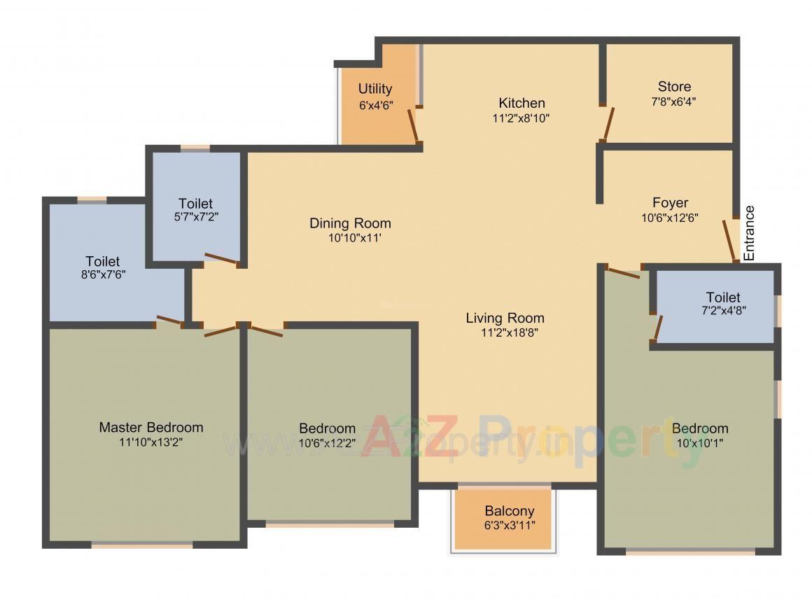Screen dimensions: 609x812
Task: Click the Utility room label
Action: [x=375, y=89]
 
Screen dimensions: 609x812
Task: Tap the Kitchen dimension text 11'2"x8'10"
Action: [x=521, y=118]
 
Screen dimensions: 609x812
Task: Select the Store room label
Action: [x=674, y=87]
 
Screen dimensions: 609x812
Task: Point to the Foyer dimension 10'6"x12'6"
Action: [x=670, y=218]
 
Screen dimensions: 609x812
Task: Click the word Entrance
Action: [x=749, y=233]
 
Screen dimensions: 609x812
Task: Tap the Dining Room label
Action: [x=350, y=223]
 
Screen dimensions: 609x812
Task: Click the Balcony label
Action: [x=509, y=511]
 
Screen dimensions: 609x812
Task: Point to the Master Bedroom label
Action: [x=151, y=427]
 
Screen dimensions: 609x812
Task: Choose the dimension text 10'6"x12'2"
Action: [x=327, y=443]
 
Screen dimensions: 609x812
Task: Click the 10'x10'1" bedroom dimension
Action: [x=699, y=443]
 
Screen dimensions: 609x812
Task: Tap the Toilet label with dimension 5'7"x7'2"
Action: [x=195, y=204]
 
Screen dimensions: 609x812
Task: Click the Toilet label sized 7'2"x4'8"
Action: [x=723, y=297]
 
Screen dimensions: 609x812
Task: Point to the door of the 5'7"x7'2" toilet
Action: [x=222, y=259]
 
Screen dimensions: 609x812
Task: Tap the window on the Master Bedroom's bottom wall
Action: [x=142, y=544]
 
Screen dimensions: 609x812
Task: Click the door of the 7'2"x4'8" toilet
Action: [x=658, y=328]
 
